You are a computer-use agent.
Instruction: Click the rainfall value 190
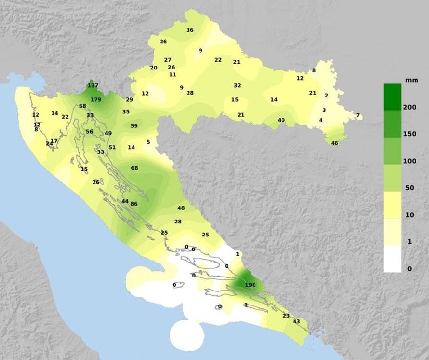click(250, 285)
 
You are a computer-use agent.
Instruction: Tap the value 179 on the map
click(96, 100)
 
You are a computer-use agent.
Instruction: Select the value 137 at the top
click(93, 86)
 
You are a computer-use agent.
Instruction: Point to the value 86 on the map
click(134, 204)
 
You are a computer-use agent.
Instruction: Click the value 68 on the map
click(134, 168)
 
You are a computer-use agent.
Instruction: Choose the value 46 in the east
click(335, 143)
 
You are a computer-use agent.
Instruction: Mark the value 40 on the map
click(282, 120)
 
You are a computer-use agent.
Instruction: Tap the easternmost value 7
click(358, 115)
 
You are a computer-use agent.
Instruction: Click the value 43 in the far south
click(296, 321)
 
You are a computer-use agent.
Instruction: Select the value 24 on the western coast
click(49, 143)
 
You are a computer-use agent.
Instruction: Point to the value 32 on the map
click(237, 85)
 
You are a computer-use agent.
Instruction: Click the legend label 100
click(410, 161)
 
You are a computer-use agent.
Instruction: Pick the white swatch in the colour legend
click(392, 259)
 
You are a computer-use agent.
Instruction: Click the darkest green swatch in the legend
click(392, 97)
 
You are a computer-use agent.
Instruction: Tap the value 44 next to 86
click(125, 201)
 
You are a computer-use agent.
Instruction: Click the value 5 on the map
click(148, 142)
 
